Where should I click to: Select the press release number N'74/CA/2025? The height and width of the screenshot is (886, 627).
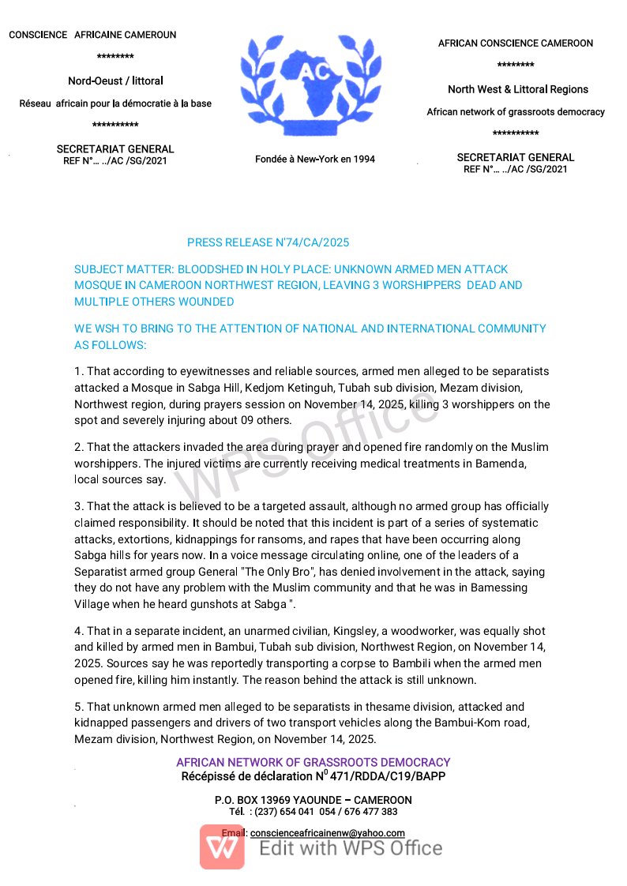pos(268,242)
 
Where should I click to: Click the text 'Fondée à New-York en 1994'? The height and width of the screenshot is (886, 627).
pos(314,160)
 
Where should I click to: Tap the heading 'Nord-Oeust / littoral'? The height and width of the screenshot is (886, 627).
pos(115,81)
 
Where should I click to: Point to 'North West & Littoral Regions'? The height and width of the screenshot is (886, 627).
pos(517,89)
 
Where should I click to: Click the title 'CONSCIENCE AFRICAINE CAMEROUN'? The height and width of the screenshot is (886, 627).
pos(92,35)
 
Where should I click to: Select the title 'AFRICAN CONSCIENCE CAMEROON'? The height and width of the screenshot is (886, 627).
pos(515,43)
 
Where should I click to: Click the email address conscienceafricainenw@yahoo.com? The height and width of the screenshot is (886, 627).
pos(327,833)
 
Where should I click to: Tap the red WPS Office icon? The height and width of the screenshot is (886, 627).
pos(222,847)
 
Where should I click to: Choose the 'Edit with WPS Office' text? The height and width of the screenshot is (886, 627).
pos(351,848)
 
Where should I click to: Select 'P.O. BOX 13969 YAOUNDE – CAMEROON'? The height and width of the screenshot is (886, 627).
pos(313,800)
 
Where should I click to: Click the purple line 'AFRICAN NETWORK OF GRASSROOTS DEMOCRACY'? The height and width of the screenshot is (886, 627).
pos(313,763)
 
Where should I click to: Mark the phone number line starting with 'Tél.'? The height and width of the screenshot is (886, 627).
pos(313,812)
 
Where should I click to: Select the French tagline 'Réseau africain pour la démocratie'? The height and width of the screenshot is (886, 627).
pos(115,103)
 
